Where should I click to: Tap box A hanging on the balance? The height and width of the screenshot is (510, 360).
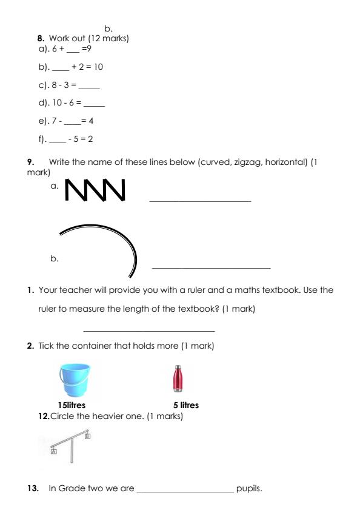tap(54, 451)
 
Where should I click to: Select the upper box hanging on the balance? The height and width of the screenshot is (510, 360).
tap(87, 435)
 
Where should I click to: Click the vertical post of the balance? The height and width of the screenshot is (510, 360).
tap(72, 449)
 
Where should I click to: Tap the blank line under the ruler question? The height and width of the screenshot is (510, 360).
tap(148, 330)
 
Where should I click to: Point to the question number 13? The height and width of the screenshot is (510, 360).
tap(42, 488)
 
